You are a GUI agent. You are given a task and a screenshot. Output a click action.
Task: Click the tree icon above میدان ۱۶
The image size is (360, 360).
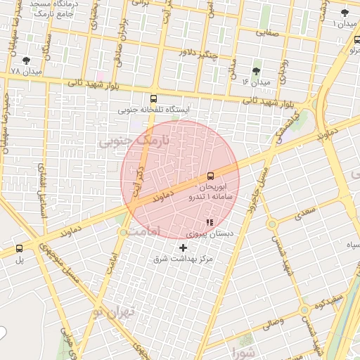click(255, 71)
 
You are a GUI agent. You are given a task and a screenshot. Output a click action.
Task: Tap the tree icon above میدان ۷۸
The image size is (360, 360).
click(26, 61)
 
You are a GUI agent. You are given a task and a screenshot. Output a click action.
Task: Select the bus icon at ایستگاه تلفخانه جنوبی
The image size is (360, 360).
click(153, 99)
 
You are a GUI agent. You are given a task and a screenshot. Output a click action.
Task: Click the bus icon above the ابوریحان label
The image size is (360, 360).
click(210, 176)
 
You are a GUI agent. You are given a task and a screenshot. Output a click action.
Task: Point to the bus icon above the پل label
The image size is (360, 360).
click(18, 247)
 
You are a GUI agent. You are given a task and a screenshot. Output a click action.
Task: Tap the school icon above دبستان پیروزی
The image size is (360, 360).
click(209, 221)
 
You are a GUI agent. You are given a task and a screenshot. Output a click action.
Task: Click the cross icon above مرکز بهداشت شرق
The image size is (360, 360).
click(184, 247)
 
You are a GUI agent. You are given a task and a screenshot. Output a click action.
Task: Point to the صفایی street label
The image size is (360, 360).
click(267, 32)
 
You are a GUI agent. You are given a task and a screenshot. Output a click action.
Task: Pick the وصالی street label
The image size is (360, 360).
click(273, 321)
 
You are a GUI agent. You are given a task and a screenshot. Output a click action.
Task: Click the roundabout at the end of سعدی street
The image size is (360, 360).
click(271, 224)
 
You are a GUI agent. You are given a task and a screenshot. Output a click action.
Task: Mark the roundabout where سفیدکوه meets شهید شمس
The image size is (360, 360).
click(304, 309)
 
